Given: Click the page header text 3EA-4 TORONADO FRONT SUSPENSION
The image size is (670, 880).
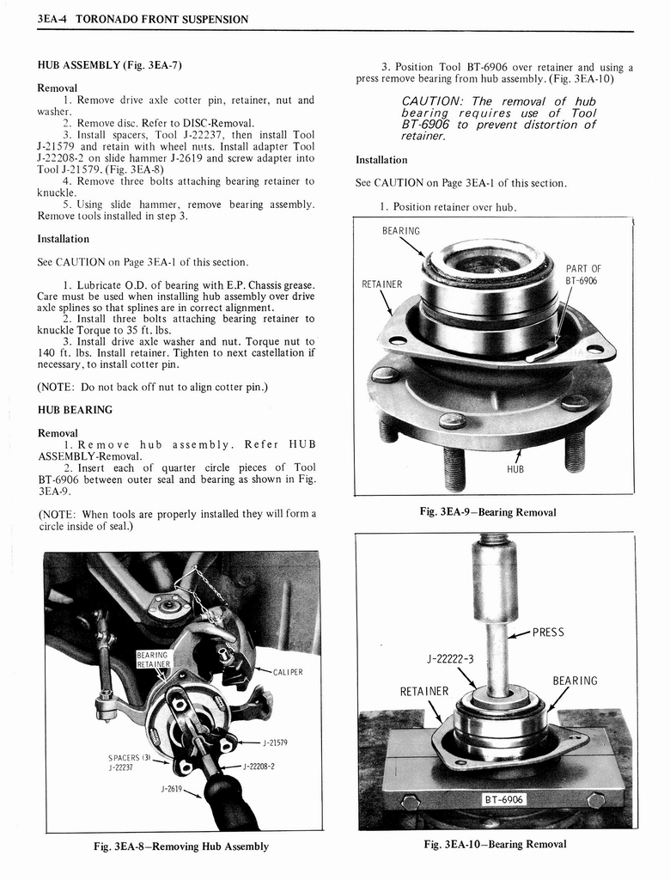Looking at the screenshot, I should pos(143,19).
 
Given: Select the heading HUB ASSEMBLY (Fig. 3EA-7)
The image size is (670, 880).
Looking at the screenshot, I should pos(109,65).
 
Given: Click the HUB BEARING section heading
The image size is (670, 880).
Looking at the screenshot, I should pos(75,409).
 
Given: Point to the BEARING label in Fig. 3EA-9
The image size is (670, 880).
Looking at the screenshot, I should pos(401,230).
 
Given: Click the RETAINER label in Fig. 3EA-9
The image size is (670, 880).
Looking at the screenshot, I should pos(381,284).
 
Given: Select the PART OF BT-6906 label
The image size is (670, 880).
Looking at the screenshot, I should pos(583,275).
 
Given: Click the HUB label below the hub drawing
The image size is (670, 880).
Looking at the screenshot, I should pos(515,469).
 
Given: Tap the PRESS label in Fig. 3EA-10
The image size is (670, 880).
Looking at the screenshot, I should pos(548,632).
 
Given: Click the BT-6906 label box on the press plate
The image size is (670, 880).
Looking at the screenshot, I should pos(504,799).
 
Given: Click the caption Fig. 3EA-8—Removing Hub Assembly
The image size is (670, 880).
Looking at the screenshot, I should pos(181,846).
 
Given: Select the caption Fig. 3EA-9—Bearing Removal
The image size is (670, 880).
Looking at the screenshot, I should pos(487,512).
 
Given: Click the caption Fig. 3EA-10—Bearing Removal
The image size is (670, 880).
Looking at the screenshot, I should pos(495,844).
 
